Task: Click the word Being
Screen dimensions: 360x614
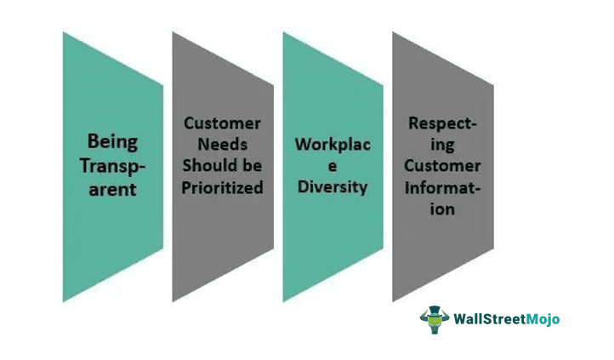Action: tap(112, 140)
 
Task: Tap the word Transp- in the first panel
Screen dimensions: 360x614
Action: tap(112, 165)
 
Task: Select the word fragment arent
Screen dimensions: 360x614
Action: tap(112, 189)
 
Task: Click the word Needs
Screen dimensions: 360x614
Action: tap(223, 144)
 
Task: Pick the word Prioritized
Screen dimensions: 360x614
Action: tap(223, 186)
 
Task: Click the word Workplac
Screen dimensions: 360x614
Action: tap(333, 144)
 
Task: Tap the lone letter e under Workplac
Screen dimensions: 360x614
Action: tap(333, 165)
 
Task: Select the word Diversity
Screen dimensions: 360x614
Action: tap(333, 186)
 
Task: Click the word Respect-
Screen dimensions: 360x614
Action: tap(442, 123)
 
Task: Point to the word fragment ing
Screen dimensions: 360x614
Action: tap(442, 144)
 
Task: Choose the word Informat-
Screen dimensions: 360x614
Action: tap(442, 186)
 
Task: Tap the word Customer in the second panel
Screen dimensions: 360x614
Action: tap(223, 123)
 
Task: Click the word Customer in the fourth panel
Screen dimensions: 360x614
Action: tap(442, 165)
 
